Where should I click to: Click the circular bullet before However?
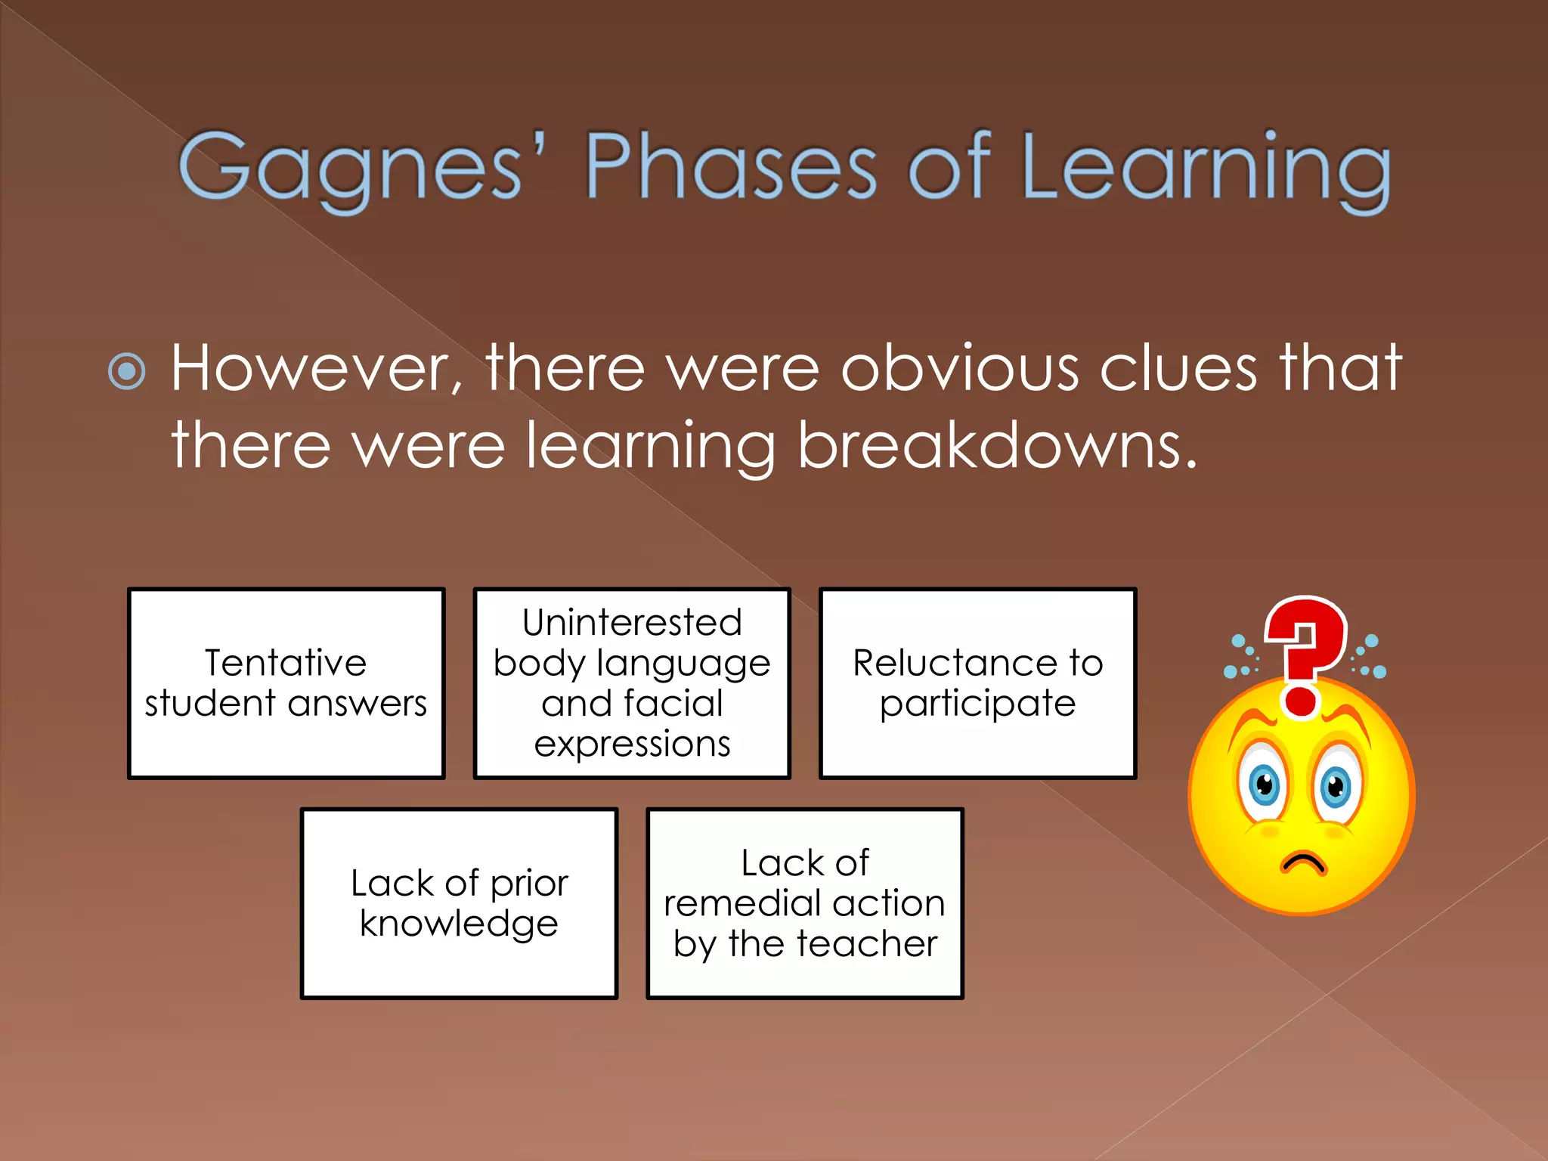[127, 370]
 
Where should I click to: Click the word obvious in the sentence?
[960, 368]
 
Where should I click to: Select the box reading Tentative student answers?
[286, 683]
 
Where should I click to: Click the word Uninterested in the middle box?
[632, 623]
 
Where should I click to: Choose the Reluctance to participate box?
[977, 683]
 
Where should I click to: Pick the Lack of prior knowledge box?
[459, 902]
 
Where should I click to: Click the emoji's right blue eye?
[1336, 786]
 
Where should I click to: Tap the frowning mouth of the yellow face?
[1302, 862]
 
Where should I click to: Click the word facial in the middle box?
[673, 703]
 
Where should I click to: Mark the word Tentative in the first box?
[286, 663]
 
